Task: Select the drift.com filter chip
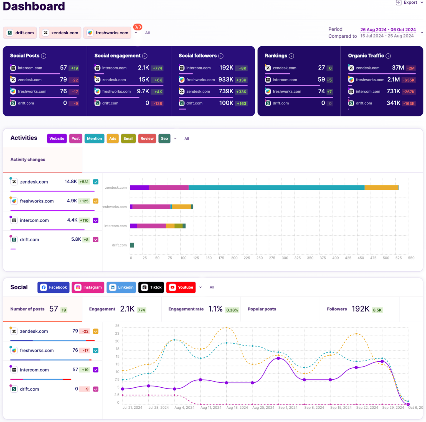[20, 33]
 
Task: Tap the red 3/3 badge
[138, 27]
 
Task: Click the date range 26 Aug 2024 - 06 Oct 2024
[388, 30]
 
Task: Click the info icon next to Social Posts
[44, 56]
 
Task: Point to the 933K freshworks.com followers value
[225, 80]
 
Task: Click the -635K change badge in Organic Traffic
[409, 80]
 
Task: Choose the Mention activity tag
[94, 138]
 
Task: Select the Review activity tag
[147, 138]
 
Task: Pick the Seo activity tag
[164, 138]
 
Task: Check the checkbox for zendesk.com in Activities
[96, 182]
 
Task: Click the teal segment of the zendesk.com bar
[276, 188]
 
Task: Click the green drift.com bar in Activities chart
[132, 245]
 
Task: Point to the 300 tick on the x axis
[285, 258]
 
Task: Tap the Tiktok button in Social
[151, 287]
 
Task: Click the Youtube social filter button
[181, 287]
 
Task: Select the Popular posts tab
[262, 309]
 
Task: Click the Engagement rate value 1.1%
[215, 309]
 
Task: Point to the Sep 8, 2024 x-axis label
[314, 408]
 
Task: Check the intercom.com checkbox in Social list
[96, 370]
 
